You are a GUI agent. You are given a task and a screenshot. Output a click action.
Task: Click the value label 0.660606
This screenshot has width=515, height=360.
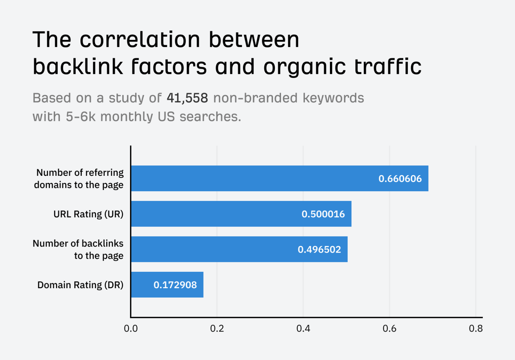pos(400,178)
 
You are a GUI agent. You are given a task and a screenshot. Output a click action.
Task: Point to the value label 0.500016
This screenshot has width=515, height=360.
pos(323,214)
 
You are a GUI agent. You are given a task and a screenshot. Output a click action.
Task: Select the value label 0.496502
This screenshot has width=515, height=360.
pos(319,249)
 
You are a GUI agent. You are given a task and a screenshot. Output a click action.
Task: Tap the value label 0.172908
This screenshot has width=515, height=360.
pos(175,285)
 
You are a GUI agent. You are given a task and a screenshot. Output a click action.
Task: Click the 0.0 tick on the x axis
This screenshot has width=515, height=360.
pos(131,328)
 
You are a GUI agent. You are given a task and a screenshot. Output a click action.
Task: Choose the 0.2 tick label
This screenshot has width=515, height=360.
pos(217,328)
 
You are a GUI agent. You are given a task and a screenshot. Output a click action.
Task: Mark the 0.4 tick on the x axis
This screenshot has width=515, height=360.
pos(303,328)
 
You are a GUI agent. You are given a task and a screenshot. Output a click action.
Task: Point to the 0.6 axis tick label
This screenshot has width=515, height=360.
pos(389,328)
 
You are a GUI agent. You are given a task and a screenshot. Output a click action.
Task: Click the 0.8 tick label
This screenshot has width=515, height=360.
pos(475,328)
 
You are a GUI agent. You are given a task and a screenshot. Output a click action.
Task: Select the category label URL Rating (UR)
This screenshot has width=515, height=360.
pos(89,214)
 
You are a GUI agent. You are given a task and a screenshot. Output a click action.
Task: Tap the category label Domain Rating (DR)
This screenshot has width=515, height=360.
pos(80,285)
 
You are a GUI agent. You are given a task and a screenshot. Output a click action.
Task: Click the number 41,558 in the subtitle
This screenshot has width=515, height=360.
pos(187,98)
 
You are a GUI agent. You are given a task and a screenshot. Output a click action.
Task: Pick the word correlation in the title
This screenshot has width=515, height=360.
pos(140,40)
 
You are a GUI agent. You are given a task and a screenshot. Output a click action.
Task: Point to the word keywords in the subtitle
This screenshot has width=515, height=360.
pos(333,98)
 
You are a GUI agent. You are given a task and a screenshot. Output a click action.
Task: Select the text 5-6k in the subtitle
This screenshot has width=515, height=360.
pos(80,117)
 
